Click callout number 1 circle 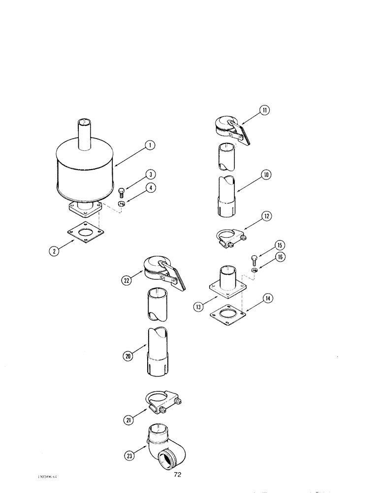click(x=150, y=145)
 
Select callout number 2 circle click(x=56, y=250)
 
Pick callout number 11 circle click(x=266, y=110)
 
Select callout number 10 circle click(x=266, y=175)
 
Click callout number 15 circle click(x=280, y=245)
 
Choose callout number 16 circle click(x=280, y=257)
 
